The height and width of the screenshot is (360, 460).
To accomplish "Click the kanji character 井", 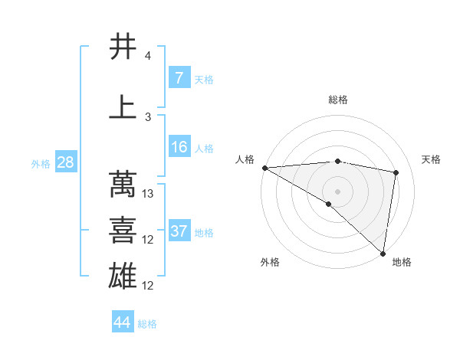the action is point(123,47).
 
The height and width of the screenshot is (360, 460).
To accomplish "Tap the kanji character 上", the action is point(123,107).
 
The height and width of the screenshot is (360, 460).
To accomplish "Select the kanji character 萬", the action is point(123,184).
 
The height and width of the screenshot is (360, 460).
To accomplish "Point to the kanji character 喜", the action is point(123,230).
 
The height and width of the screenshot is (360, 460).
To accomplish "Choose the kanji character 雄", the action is point(123,276).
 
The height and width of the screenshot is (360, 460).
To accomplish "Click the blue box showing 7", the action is point(179,78).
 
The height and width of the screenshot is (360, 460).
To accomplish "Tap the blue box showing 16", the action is point(179,147).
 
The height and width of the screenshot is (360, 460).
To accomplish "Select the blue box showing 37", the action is point(179,231).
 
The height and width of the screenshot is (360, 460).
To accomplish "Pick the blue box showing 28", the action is point(64,163).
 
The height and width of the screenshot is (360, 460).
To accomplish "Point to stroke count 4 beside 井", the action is point(148,56).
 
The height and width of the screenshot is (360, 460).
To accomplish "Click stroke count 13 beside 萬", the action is point(149,194).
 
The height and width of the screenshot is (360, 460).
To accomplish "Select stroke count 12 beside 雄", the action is point(149,286).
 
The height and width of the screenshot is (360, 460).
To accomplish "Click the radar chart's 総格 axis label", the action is point(337,100).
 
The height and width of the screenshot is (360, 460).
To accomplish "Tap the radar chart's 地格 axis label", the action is point(402,262).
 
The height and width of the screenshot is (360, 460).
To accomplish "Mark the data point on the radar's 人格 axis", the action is point(264,168).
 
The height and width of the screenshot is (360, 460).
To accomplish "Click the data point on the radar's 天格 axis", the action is point(396,172).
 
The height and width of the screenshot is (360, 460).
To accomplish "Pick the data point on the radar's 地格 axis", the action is point(383,253).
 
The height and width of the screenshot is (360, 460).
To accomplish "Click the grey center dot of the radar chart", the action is point(337,191).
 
